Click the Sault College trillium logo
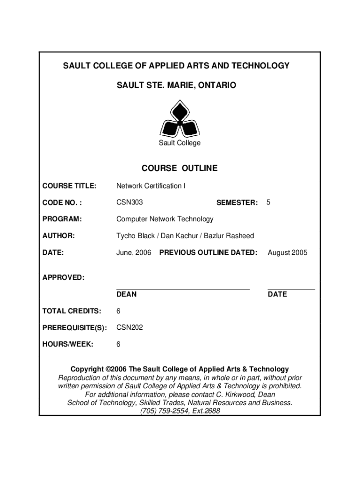point(180,119)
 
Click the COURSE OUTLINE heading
point(180,168)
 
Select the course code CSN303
point(130,203)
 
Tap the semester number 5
point(268,203)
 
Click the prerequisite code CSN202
point(130,327)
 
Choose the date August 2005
point(288,253)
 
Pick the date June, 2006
point(134,253)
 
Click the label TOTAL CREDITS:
point(72,311)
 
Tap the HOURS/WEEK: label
point(68,344)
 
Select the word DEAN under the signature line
point(126,294)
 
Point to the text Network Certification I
point(151,186)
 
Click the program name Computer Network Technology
point(165,219)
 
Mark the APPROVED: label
point(64,277)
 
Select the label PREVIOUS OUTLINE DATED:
point(208,253)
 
